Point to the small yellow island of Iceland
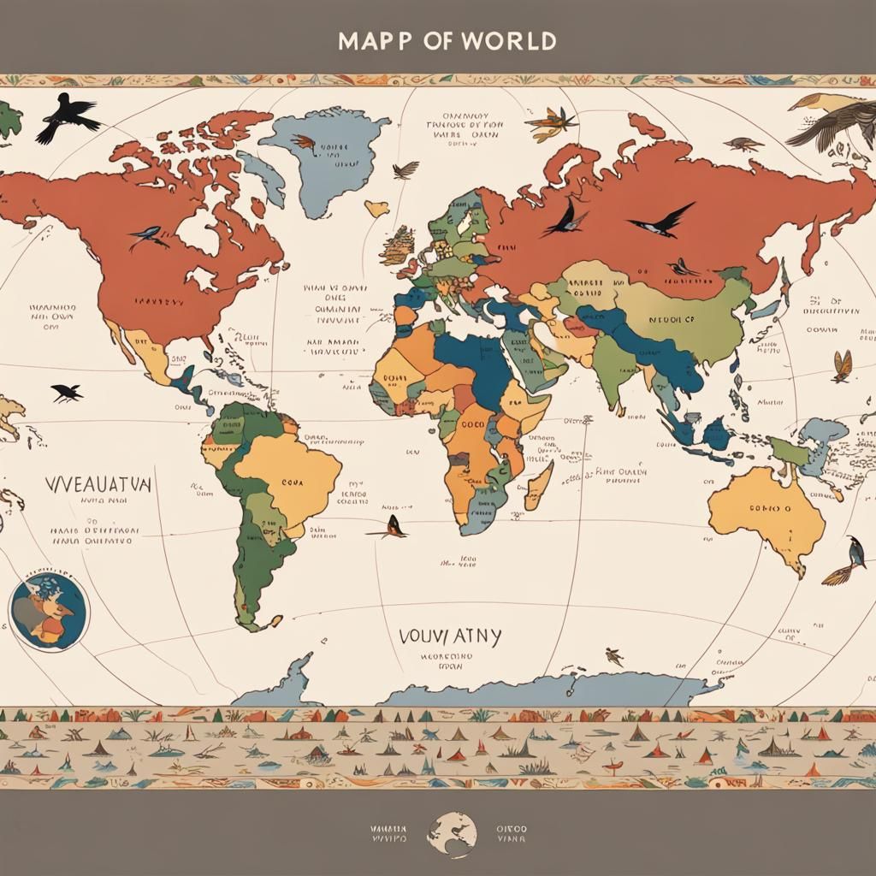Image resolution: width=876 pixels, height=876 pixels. pos(376,207)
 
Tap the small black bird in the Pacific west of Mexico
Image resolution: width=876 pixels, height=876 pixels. pos(67,393)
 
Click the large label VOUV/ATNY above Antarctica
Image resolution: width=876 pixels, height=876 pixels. pos(450,636)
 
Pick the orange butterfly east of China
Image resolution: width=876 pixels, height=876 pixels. pos(842,366)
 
